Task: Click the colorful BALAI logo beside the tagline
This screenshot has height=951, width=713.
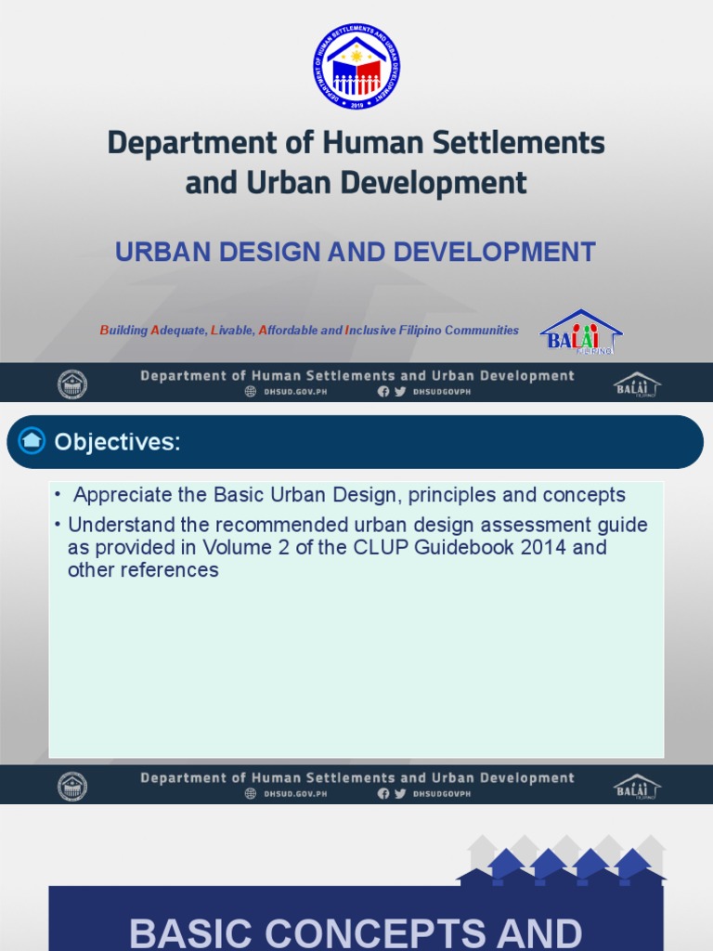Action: pyautogui.click(x=581, y=332)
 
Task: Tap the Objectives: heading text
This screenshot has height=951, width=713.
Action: pyautogui.click(x=117, y=442)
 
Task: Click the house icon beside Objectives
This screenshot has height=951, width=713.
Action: pyautogui.click(x=32, y=441)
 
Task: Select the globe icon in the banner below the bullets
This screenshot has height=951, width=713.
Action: pyautogui.click(x=250, y=794)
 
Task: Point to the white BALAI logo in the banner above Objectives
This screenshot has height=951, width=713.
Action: pyautogui.click(x=637, y=384)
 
